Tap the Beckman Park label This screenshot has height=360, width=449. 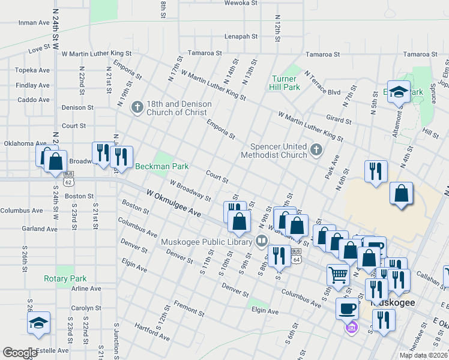point(162,166)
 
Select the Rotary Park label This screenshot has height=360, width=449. point(65,278)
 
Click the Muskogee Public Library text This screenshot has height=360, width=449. point(206,242)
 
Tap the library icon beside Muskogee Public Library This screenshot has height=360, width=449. point(261,242)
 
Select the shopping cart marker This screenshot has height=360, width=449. point(338,275)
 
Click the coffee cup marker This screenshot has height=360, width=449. point(347,308)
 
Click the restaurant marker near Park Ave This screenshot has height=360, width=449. point(376,171)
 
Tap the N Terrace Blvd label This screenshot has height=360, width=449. point(322,83)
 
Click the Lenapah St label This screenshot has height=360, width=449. point(241,37)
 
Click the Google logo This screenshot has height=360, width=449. point(20,353)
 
